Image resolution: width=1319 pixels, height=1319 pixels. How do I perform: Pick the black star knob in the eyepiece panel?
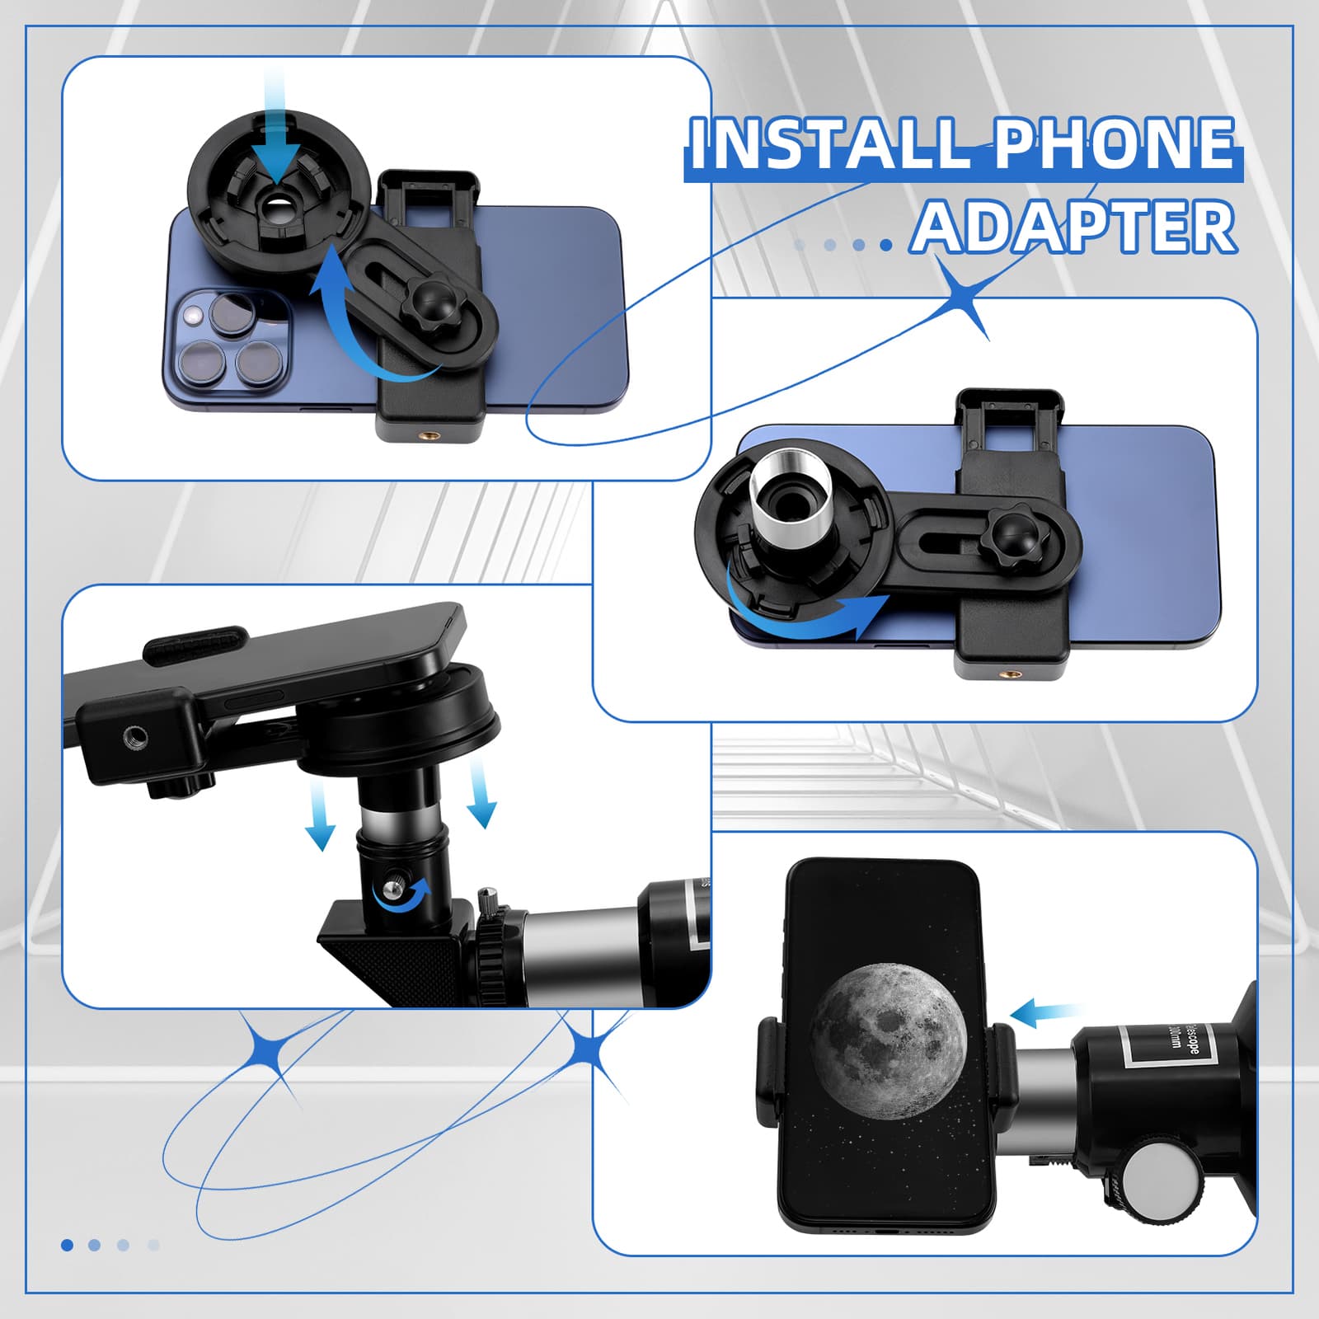point(1012,537)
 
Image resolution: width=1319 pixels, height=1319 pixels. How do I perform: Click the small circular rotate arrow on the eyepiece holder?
point(401,894)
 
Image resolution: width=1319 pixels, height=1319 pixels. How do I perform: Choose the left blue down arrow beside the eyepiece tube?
point(321,816)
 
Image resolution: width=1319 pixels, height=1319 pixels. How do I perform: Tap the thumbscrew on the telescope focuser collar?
point(488,904)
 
